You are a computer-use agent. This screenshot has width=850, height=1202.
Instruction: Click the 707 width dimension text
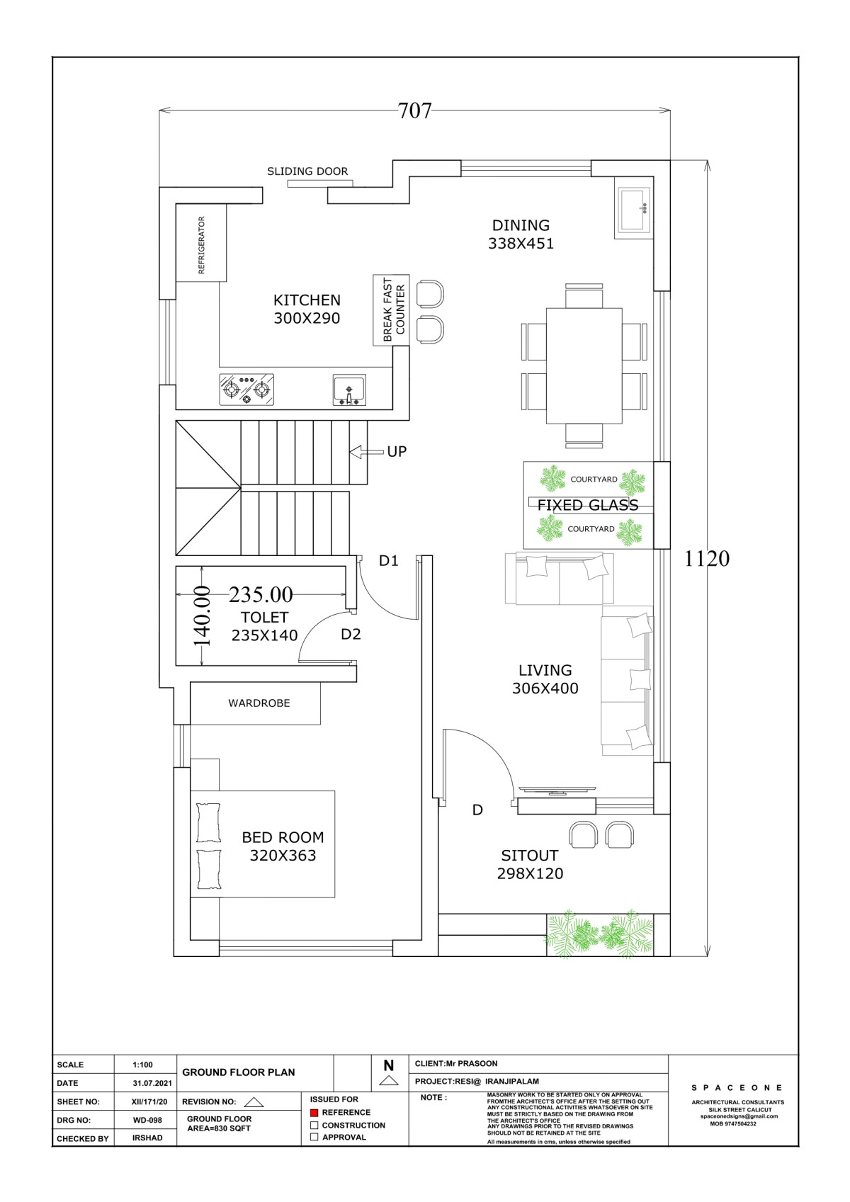pos(414,110)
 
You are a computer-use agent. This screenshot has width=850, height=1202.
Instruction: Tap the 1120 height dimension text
pos(706,559)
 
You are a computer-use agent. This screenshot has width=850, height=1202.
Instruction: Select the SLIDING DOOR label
pos(307,171)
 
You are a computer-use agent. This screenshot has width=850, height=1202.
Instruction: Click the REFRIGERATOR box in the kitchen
pos(201,242)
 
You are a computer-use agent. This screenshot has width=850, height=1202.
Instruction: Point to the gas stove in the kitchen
pos(246,390)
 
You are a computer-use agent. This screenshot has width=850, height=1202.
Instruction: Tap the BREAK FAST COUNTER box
pos(391,310)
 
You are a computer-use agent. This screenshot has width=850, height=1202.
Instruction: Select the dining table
pos(584,366)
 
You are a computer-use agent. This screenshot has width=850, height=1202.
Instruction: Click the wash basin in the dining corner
pos(634,210)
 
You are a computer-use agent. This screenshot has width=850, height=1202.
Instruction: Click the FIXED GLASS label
pos(588,505)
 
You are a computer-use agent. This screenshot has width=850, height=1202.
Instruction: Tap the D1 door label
pos(388,561)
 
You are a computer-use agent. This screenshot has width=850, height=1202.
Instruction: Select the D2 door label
pos(351,634)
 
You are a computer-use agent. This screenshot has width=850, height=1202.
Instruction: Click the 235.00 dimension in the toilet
pos(261,594)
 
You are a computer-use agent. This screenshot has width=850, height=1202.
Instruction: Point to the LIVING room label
pos(545,670)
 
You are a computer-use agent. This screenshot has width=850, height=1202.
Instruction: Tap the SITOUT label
pos(530,856)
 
